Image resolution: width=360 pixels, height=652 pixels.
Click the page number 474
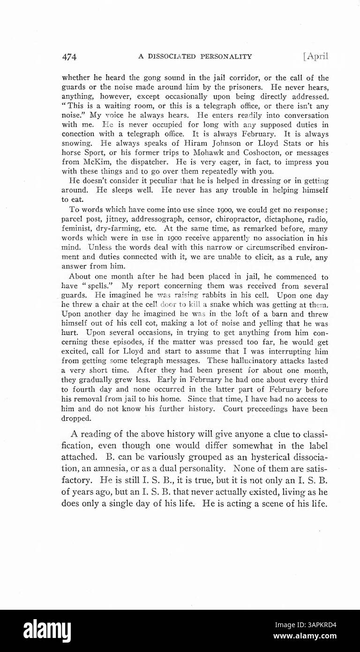[69, 57]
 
